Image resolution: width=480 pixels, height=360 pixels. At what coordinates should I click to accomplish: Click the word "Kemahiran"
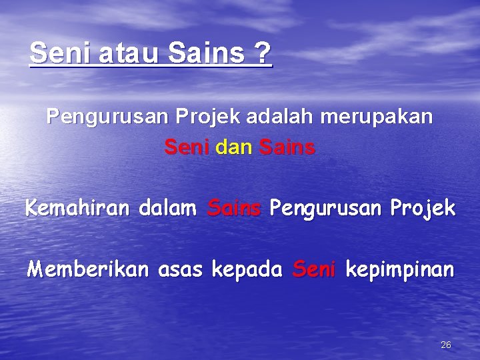click(79, 209)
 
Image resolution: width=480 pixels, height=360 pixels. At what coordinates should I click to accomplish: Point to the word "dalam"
click(167, 209)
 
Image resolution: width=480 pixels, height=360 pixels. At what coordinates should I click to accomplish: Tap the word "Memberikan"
click(89, 270)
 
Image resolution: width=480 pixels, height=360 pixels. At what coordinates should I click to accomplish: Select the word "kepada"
click(247, 271)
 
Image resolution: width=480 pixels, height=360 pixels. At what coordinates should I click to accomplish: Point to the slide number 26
click(446, 345)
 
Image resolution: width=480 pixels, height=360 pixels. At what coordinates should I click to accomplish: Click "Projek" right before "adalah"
click(214, 118)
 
